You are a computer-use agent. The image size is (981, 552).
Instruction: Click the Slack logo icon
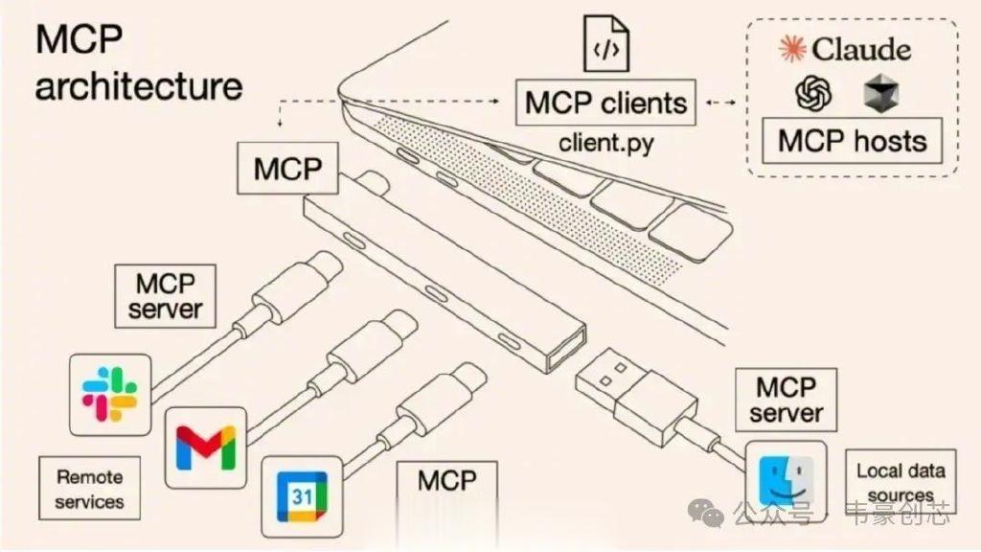[x=109, y=394]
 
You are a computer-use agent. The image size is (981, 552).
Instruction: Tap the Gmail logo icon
[x=206, y=448]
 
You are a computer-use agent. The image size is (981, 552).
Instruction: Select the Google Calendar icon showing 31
[x=302, y=497]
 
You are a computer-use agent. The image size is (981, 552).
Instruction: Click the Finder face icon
[x=786, y=480]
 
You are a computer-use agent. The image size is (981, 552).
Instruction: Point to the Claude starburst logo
[x=792, y=49]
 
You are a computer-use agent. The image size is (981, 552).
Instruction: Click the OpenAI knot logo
[x=813, y=93]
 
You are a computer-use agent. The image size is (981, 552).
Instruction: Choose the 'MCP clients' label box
[x=605, y=103]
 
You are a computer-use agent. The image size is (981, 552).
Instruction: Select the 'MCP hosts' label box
[x=852, y=140]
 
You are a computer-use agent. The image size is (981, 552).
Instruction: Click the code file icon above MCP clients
[x=605, y=44]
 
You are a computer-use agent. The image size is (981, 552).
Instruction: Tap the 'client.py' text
[x=605, y=144]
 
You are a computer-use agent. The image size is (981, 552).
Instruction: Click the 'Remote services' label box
[x=89, y=488]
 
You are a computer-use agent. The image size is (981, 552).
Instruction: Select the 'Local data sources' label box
[x=901, y=481]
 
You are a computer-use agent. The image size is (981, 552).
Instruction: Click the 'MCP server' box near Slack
[x=165, y=296]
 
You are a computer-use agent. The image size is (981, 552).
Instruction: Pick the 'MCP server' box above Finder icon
[x=786, y=400]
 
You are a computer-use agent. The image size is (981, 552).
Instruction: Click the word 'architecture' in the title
[x=139, y=85]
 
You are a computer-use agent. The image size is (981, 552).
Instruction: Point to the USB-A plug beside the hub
[x=636, y=396]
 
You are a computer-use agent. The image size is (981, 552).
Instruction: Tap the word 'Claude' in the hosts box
[x=861, y=49]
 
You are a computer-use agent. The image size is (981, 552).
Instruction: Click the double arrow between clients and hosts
[x=721, y=102]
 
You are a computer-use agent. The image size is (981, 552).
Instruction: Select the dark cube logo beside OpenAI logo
[x=881, y=93]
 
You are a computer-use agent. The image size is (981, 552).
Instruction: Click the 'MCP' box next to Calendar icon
[x=447, y=481]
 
